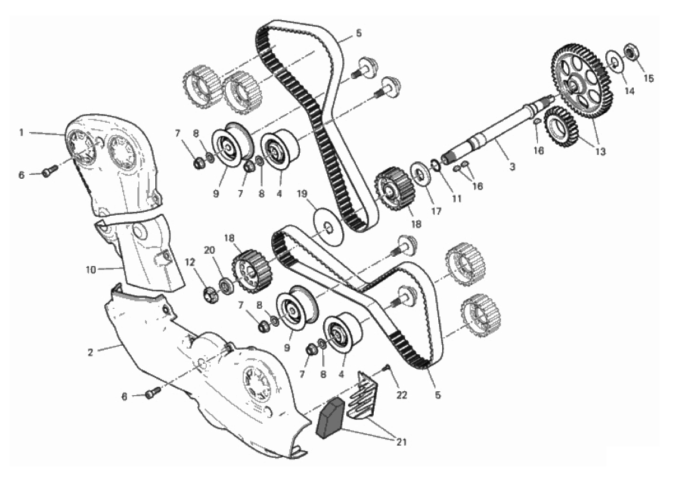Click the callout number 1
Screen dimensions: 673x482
click(x=21, y=132)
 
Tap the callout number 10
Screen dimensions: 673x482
click(x=91, y=270)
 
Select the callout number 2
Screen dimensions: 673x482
click(x=90, y=353)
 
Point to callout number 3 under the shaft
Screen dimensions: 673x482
click(x=512, y=166)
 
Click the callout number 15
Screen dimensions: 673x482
click(x=649, y=78)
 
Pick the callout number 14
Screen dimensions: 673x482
click(x=629, y=91)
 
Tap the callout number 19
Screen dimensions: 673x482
click(x=302, y=194)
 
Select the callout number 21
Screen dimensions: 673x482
click(x=402, y=442)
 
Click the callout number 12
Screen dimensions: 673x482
click(x=190, y=262)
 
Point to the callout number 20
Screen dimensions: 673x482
click(x=210, y=250)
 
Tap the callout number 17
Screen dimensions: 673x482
click(x=437, y=211)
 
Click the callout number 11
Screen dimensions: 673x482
click(x=457, y=198)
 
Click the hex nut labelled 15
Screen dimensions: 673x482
click(x=632, y=53)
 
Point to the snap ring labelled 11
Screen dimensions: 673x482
click(x=435, y=165)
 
